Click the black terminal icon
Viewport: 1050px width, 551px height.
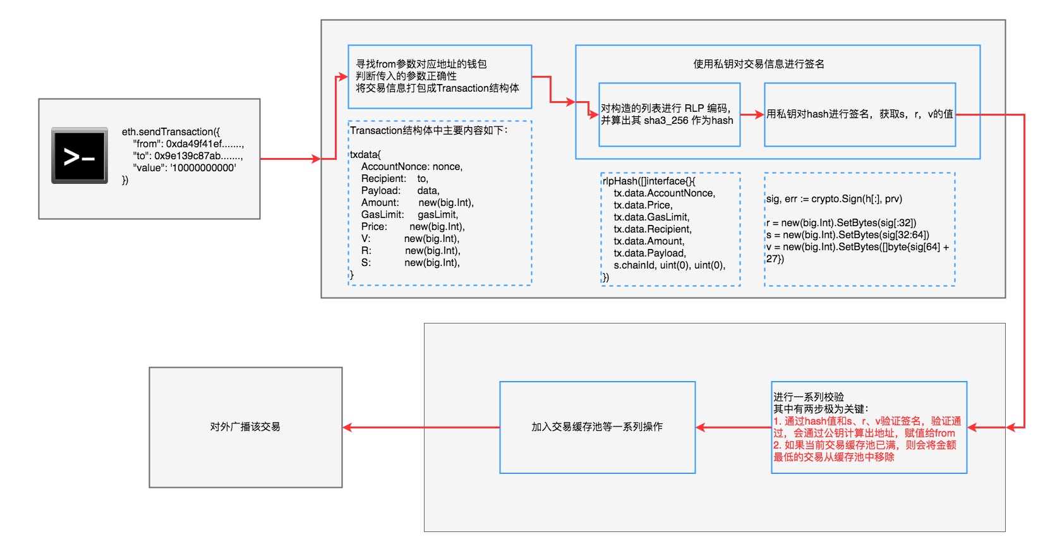[x=80, y=155]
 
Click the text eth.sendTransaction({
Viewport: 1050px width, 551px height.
[x=171, y=131]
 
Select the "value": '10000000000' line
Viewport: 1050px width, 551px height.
[x=184, y=167]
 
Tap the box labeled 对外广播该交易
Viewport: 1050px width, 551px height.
[x=245, y=427]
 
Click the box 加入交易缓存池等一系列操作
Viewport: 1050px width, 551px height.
[x=597, y=427]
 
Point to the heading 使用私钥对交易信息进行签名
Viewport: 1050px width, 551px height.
[x=758, y=64]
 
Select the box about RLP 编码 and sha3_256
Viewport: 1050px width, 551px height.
[x=668, y=114]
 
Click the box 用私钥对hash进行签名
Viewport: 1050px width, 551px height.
[x=859, y=114]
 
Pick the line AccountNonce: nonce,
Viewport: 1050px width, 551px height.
[x=412, y=166]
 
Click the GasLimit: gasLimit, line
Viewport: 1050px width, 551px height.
[x=409, y=214]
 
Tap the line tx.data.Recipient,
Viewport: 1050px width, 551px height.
[x=653, y=229]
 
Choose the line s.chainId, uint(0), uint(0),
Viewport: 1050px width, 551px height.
[x=669, y=265]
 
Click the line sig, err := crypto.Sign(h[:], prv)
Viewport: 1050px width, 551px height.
[x=834, y=198]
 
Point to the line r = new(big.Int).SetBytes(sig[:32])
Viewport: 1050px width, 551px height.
[x=841, y=222]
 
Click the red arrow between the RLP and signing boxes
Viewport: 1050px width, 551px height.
[x=752, y=115]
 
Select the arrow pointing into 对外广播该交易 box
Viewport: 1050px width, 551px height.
[x=354, y=428]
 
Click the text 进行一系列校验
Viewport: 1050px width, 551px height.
[x=809, y=397]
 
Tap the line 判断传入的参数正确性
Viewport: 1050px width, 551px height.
[x=406, y=76]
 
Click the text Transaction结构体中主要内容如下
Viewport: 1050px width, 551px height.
[x=428, y=130]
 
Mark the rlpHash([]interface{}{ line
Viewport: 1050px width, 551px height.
[x=649, y=181]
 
